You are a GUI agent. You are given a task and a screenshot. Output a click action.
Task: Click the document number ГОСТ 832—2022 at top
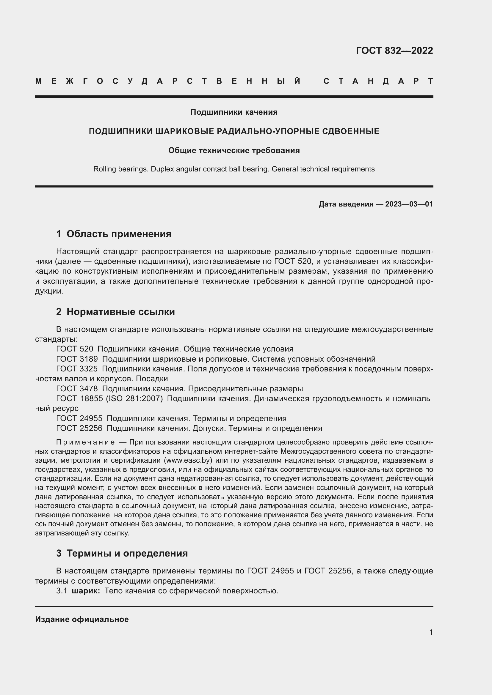coord(394,51)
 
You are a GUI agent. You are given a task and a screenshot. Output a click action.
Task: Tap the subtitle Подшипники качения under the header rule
coord(234,112)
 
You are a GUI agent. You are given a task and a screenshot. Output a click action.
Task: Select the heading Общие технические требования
coord(234,150)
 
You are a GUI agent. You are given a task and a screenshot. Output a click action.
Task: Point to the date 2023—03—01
coord(409,204)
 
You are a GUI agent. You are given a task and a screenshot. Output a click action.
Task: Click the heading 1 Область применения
coord(114,234)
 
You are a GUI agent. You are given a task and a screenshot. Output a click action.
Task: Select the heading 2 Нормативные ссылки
coord(115,312)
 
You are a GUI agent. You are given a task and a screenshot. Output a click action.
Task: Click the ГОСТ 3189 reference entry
coord(77,359)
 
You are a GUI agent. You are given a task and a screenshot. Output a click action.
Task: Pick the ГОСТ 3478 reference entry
coord(77,389)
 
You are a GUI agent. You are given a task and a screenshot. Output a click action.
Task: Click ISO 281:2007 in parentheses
coord(134,399)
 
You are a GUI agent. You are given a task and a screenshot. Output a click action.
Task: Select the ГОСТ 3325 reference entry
coord(77,369)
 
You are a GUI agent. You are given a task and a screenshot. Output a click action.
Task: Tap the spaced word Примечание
coord(85,442)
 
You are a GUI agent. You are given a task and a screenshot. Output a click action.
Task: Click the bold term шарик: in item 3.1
coord(86,591)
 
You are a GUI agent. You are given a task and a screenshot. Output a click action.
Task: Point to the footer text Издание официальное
coord(82,620)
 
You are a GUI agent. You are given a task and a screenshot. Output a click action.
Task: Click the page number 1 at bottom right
coord(431,632)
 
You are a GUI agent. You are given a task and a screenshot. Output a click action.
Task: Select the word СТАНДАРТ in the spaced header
coord(378,81)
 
